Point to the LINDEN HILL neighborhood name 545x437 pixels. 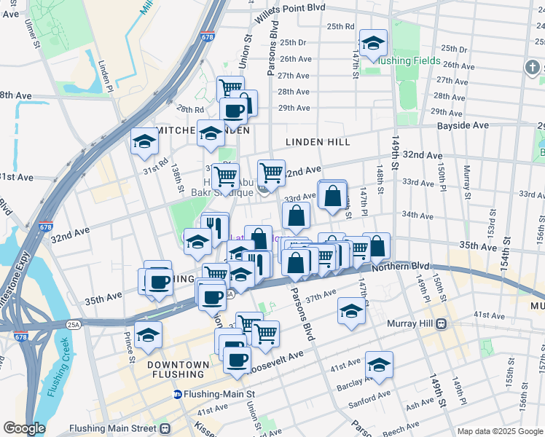pos(318,142)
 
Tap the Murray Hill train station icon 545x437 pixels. pos(440,325)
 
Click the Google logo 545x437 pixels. pos(23,428)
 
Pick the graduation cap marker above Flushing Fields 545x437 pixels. pos(373,43)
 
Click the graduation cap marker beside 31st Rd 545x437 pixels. pos(145,141)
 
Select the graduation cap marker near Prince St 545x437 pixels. pos(149,335)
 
